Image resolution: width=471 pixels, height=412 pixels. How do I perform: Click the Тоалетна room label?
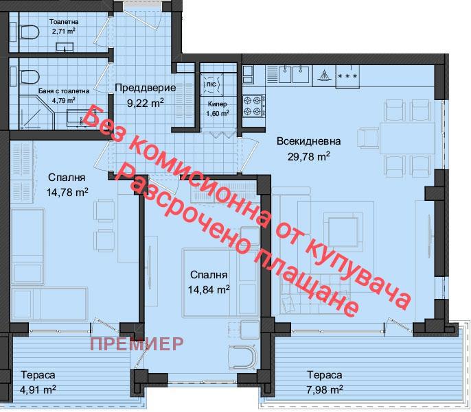[64, 22]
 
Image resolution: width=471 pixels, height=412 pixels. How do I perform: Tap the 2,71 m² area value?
[63, 31]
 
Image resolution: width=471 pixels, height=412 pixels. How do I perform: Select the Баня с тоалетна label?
[64, 91]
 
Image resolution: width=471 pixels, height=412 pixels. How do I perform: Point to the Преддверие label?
[146, 88]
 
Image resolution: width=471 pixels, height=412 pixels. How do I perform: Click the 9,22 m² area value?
[146, 103]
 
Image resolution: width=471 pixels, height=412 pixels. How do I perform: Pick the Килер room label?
[218, 104]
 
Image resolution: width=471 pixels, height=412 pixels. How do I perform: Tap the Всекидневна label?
[309, 141]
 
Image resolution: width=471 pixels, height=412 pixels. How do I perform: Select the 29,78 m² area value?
[309, 156]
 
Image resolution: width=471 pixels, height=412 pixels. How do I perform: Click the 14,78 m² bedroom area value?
[67, 192]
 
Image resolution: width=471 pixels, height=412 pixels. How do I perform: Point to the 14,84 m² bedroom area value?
[209, 289]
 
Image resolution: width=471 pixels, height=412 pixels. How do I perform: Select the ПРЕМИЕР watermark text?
[137, 343]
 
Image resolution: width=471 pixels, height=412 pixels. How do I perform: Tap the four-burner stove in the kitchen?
[254, 106]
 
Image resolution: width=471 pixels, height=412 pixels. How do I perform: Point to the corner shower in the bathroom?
[36, 112]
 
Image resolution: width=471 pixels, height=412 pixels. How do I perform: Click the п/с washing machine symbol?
[211, 84]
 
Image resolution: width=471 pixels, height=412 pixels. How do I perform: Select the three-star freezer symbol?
[348, 77]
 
